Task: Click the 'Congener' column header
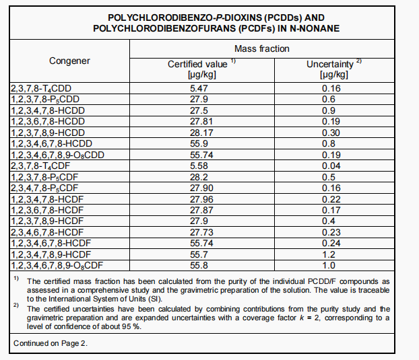(69, 61)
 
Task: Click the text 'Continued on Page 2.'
(51, 343)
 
